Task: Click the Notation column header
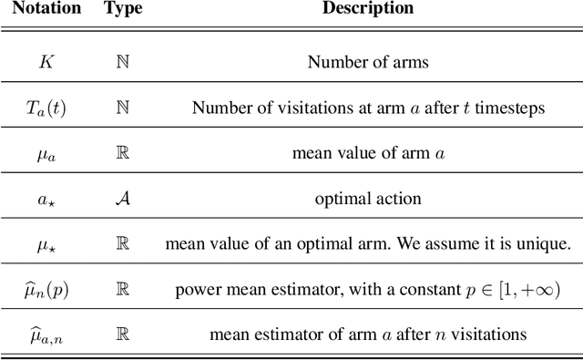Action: pos(45,9)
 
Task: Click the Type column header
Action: pos(121,9)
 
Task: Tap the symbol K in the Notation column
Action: pos(45,63)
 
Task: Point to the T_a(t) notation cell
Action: pos(45,108)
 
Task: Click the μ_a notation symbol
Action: pos(45,154)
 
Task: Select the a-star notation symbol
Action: pos(45,200)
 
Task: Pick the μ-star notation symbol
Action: pos(45,244)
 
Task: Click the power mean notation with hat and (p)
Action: pos(45,289)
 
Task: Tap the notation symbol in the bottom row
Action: pos(45,334)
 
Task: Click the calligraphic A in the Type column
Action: pos(122,199)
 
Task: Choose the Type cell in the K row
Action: pos(122,63)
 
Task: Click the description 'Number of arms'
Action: pos(367,63)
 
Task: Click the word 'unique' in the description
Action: pos(546,244)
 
